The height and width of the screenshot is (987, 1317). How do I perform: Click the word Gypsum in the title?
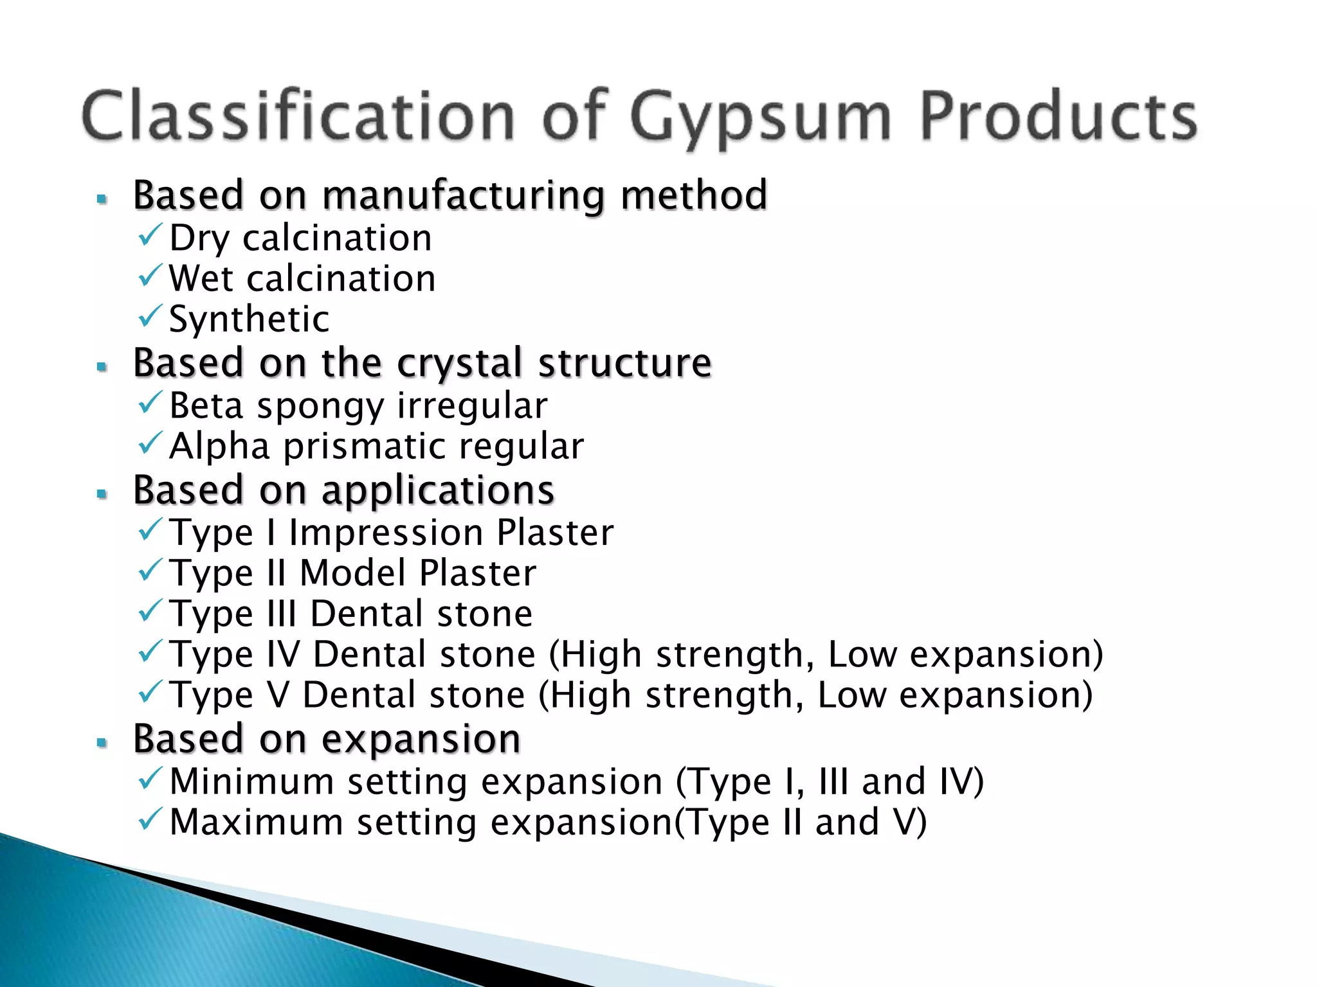point(761,118)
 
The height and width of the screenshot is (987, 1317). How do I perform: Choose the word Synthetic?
point(249,319)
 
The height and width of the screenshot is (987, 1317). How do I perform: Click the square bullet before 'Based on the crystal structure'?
point(102,367)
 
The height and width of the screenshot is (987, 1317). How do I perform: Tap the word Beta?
point(206,406)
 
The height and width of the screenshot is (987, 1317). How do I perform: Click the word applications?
point(438,490)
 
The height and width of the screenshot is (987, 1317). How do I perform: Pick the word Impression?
point(385,533)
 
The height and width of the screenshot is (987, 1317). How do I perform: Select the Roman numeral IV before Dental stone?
point(283,654)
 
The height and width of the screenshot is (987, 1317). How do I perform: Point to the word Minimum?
point(251,782)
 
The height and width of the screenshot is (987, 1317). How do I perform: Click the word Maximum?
point(256,822)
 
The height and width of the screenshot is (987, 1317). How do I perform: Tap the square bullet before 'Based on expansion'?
point(102,743)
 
